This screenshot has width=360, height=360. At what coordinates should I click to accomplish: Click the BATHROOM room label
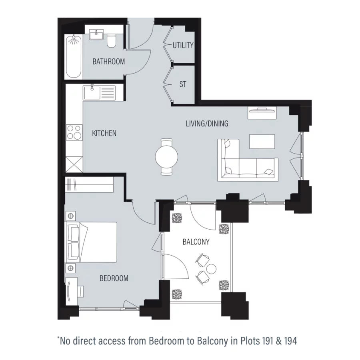(108, 62)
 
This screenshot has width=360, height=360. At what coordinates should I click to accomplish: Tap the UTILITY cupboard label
(183, 45)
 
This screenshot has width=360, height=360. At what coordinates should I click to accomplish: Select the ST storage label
(183, 84)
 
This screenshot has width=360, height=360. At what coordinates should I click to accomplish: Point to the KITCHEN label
(104, 133)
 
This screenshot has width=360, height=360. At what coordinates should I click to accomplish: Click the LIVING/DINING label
(207, 124)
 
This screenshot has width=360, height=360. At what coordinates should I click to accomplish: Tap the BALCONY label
(196, 242)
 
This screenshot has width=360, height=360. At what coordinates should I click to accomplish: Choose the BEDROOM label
(114, 278)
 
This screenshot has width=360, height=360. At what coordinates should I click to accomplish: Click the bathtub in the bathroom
(73, 56)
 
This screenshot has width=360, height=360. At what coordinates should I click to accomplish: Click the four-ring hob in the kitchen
(74, 132)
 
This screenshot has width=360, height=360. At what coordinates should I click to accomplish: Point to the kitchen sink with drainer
(99, 93)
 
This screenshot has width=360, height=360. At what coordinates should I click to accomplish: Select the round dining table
(167, 156)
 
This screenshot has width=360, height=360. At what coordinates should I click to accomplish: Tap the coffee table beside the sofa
(262, 141)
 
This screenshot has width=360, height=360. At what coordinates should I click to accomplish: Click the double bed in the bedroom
(92, 242)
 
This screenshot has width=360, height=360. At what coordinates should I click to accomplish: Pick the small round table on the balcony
(211, 268)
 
